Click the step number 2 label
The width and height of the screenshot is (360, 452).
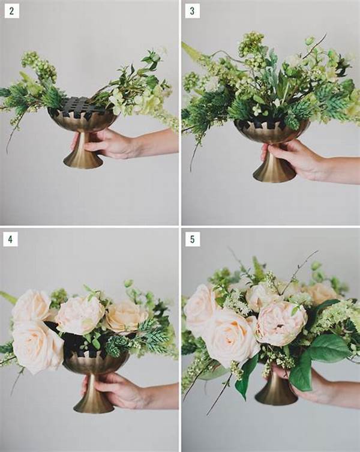[x=11, y=11]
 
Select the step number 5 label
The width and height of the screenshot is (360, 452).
[x=193, y=239]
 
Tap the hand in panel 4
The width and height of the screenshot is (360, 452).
[x=114, y=388]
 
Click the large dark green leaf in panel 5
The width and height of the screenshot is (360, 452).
[x=329, y=348]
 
